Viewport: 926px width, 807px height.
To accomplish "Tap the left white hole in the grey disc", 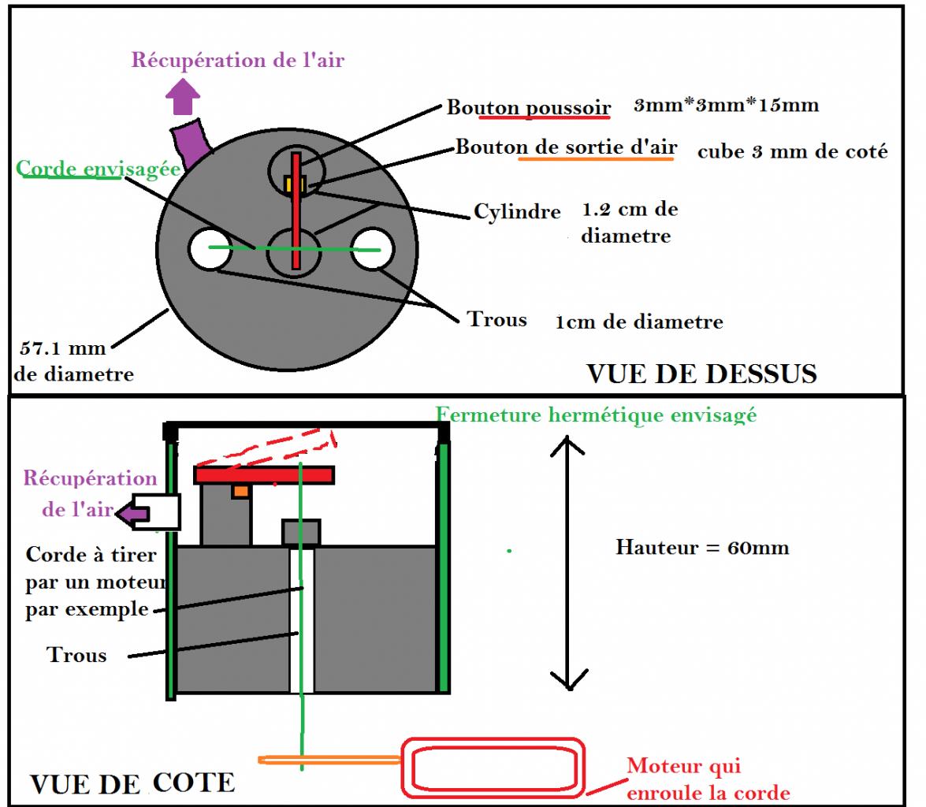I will (x=207, y=249).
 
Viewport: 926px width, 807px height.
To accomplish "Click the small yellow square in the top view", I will (x=294, y=184).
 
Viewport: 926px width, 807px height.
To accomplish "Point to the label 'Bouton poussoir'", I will (x=528, y=107).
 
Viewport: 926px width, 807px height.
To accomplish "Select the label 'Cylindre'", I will (x=517, y=211).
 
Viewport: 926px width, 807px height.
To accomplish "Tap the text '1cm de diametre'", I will (x=638, y=322).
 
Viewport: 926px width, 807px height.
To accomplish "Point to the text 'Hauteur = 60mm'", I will (x=701, y=547).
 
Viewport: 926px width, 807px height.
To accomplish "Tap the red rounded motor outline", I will (x=493, y=766).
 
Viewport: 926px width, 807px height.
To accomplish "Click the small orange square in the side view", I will (x=240, y=492).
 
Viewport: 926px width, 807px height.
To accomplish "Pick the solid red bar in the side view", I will (x=264, y=474).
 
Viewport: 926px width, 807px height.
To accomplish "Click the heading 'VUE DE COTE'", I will (x=132, y=783).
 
